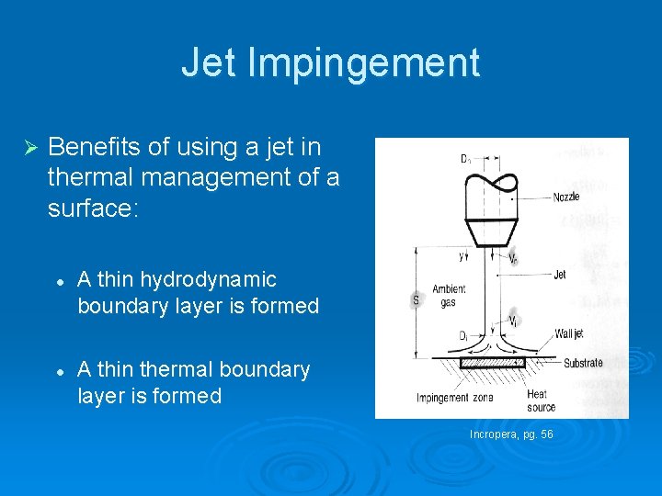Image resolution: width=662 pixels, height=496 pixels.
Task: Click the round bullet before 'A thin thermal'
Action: pyautogui.click(x=58, y=370)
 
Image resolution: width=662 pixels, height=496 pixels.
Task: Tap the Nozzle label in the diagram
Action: pyautogui.click(x=566, y=197)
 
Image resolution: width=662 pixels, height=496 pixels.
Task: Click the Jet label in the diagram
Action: pyautogui.click(x=560, y=274)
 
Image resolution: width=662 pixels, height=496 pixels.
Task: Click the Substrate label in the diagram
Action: pyautogui.click(x=582, y=363)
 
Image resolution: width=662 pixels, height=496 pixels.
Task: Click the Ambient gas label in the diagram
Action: pyautogui.click(x=449, y=296)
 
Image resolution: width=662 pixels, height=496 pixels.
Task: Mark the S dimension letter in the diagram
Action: pyautogui.click(x=416, y=299)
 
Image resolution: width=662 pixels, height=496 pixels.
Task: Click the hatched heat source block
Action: pyautogui.click(x=492, y=363)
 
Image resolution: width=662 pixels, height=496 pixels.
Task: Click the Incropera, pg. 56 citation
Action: pyautogui.click(x=511, y=434)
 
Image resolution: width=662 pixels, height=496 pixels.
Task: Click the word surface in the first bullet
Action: pyautogui.click(x=88, y=209)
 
